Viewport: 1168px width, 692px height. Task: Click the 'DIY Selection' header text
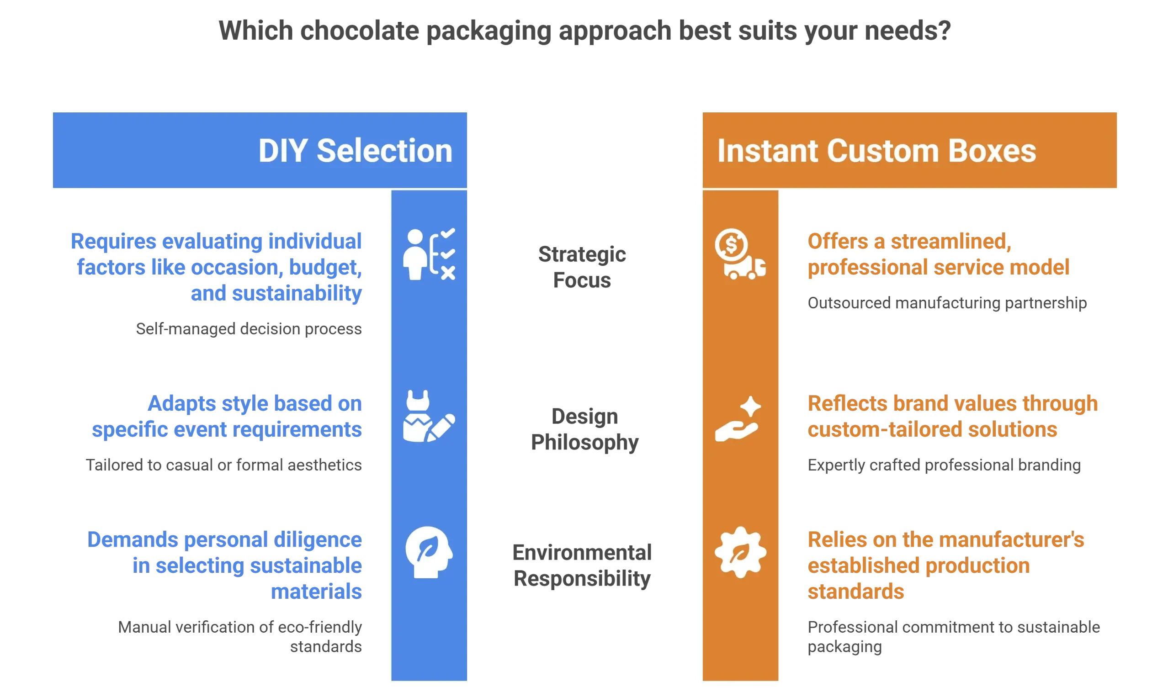(355, 151)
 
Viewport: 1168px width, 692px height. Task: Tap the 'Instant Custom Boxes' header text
(876, 151)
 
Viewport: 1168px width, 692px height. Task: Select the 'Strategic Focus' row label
(582, 267)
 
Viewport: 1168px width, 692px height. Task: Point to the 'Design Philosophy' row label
(584, 429)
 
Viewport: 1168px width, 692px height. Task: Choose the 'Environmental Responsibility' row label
(582, 565)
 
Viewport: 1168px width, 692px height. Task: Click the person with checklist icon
(429, 254)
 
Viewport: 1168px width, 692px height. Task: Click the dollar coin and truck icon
(740, 254)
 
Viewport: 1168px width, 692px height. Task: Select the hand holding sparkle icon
(738, 419)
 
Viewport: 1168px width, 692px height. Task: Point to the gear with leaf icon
(740, 553)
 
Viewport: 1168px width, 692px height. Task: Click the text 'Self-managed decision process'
(249, 329)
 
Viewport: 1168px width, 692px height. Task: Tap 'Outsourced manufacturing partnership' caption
(947, 303)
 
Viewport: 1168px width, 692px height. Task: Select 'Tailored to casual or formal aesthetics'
(223, 465)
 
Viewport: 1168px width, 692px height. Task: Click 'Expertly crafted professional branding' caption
(944, 465)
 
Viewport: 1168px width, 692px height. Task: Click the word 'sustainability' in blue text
(297, 293)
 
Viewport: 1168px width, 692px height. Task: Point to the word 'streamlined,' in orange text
(950, 242)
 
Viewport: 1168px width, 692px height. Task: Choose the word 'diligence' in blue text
(318, 540)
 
